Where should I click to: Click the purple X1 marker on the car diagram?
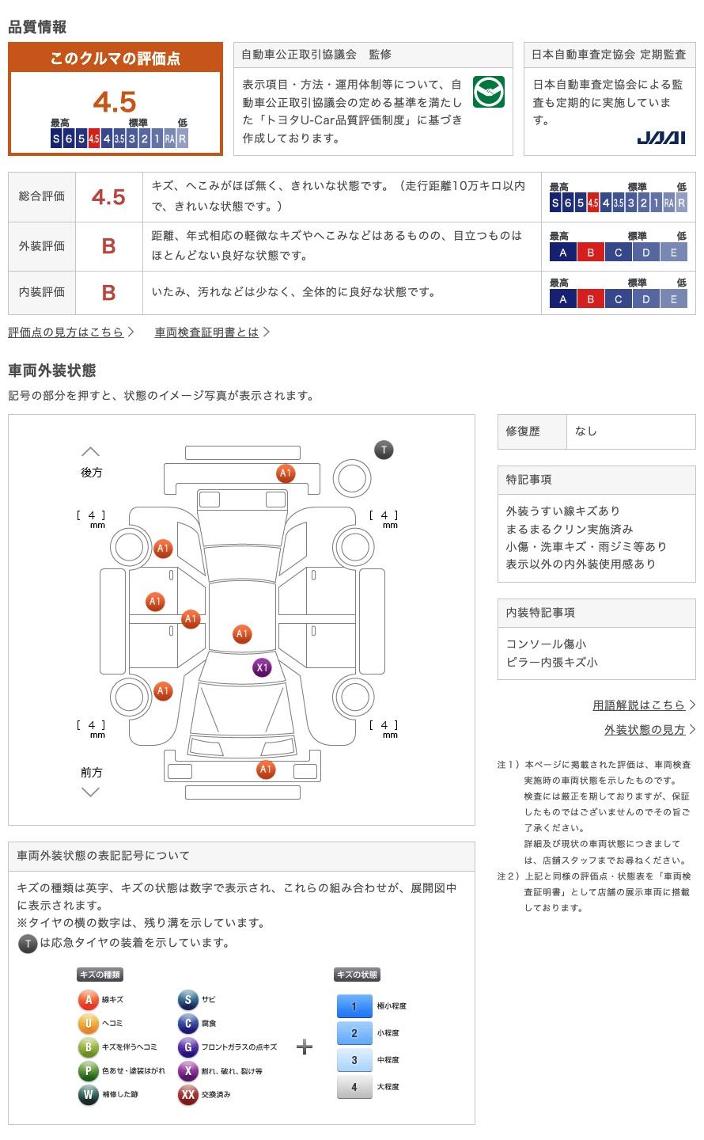[262, 667]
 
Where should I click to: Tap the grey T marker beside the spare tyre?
[384, 450]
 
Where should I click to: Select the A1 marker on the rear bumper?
[286, 473]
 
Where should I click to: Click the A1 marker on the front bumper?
[266, 769]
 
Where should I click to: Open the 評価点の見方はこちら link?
[66, 332]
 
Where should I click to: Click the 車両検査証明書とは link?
[207, 332]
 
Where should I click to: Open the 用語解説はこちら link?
[639, 705]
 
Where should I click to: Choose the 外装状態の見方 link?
[645, 730]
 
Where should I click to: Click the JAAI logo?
[660, 138]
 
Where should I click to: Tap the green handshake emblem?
[488, 93]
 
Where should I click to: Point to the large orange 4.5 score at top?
[115, 102]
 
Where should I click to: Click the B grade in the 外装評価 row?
[108, 246]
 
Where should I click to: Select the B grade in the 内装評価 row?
[108, 292]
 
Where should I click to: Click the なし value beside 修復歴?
[586, 431]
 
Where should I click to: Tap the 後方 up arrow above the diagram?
[91, 451]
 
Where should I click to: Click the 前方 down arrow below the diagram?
[91, 792]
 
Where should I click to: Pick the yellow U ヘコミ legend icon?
[88, 1024]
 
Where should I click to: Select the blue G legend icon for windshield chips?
[187, 1047]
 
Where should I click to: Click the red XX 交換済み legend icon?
[187, 1095]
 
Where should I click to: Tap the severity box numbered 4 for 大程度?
[354, 1087]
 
